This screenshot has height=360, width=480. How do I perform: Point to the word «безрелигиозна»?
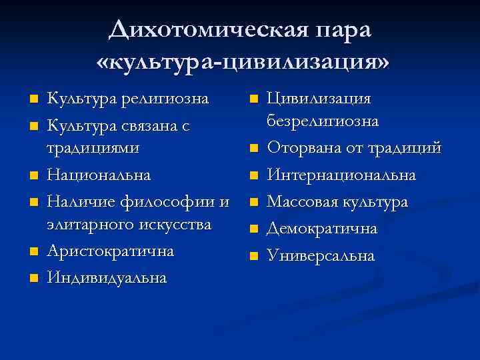click(323, 122)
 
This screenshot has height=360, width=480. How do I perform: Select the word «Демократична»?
click(322, 229)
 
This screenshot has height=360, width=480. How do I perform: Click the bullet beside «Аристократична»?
click(32, 252)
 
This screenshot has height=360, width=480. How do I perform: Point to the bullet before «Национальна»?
click(32, 176)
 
